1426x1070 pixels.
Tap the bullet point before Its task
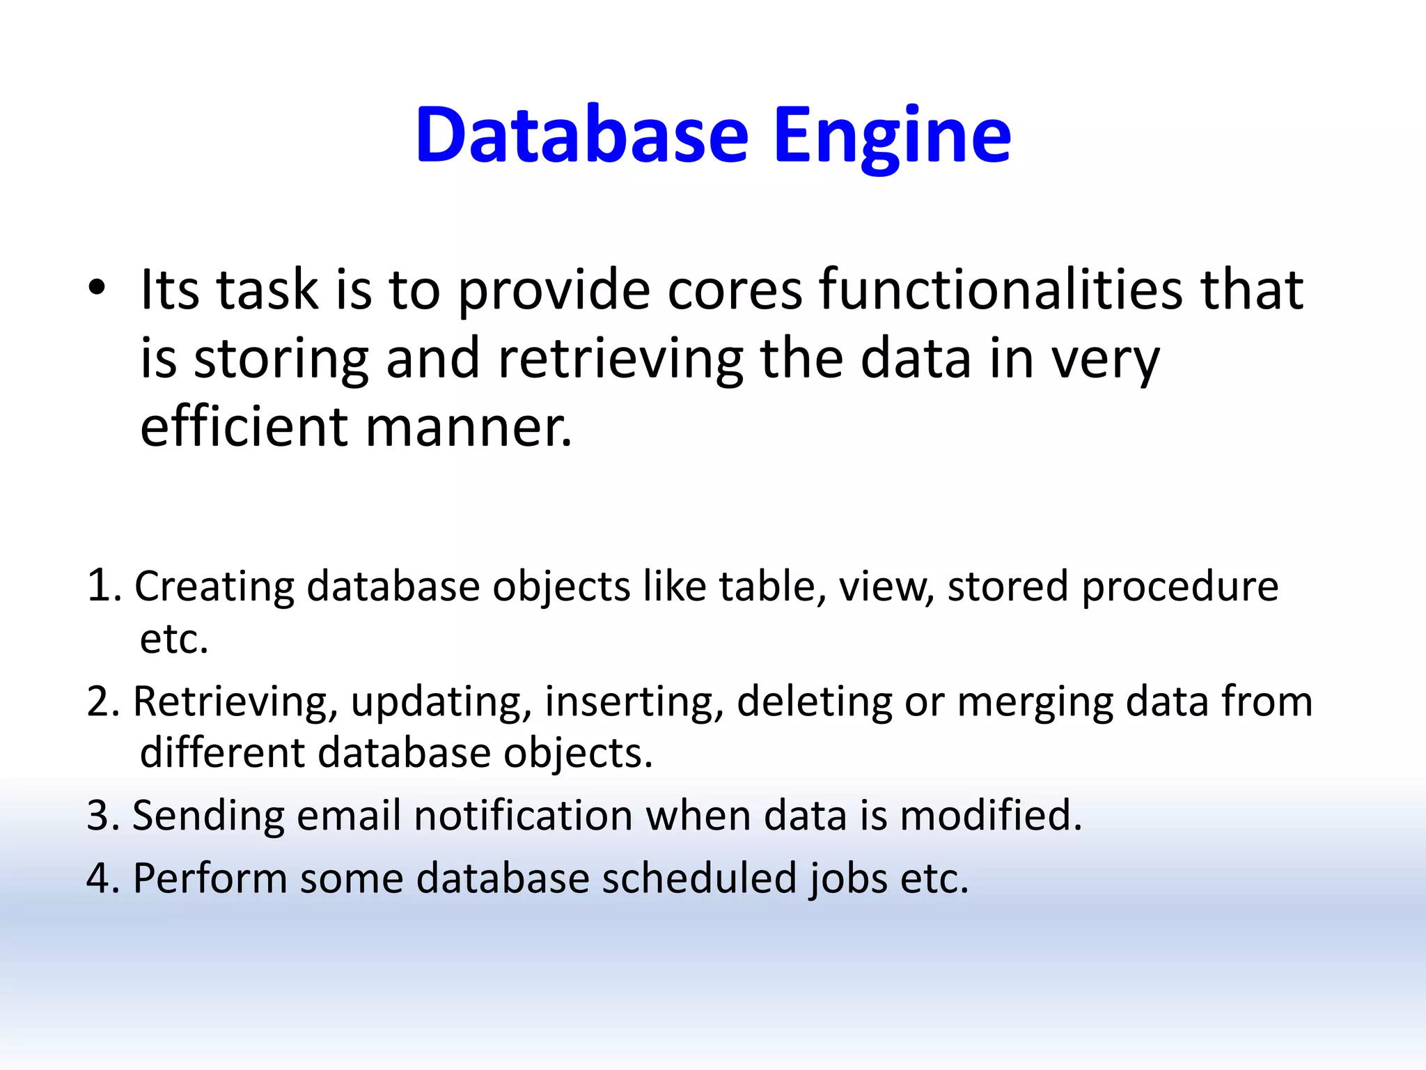(x=97, y=288)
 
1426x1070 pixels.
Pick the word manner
(x=469, y=428)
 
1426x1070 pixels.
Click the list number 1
(x=102, y=584)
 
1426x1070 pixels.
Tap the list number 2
(x=102, y=701)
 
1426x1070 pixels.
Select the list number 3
(x=102, y=815)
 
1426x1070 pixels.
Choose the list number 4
(x=102, y=878)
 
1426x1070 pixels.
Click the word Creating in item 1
(x=214, y=587)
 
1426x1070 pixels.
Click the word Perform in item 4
(x=210, y=878)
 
